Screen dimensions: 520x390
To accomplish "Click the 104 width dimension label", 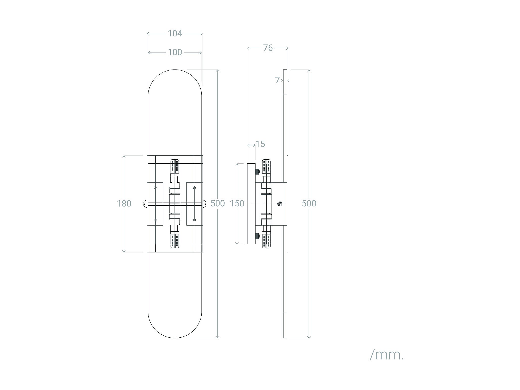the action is tap(175, 33).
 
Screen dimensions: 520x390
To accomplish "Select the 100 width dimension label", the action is tap(175, 52).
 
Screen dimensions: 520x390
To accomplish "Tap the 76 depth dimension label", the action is tap(268, 48).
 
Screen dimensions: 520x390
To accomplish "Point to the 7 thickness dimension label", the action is tap(277, 80).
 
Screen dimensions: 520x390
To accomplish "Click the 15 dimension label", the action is tap(260, 144).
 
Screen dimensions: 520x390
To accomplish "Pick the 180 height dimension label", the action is tap(124, 203).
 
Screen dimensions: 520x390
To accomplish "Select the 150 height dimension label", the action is tap(237, 203).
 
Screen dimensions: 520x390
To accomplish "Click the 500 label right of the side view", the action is tap(309, 203).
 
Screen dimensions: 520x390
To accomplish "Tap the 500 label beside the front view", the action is tap(218, 203).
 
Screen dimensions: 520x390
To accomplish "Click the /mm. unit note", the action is tap(386, 355).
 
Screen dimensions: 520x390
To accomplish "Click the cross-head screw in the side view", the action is tap(279, 203).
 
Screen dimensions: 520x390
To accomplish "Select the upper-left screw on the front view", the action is tap(155, 188).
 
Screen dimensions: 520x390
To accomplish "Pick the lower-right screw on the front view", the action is tap(194, 220).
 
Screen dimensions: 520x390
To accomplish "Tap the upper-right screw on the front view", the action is tap(194, 188).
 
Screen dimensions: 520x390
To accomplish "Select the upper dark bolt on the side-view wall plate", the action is tap(257, 172).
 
